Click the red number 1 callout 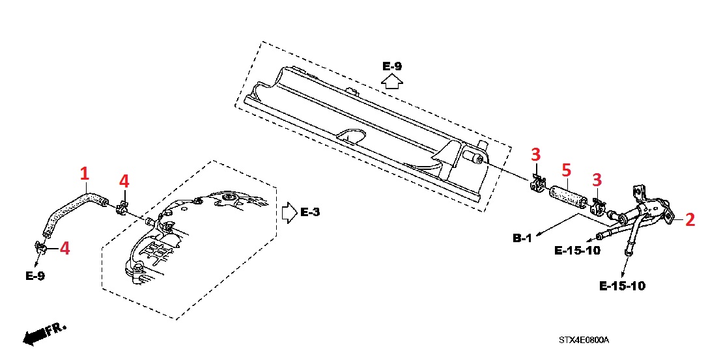(84, 174)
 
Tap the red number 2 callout (690, 219)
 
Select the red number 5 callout (566, 171)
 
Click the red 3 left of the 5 (535, 155)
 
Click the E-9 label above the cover (392, 66)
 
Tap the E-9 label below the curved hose (35, 275)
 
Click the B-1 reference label (522, 238)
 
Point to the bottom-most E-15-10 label (622, 286)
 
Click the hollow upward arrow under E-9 (392, 81)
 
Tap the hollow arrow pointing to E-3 (289, 213)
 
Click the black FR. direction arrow (36, 335)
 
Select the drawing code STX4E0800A (583, 340)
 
